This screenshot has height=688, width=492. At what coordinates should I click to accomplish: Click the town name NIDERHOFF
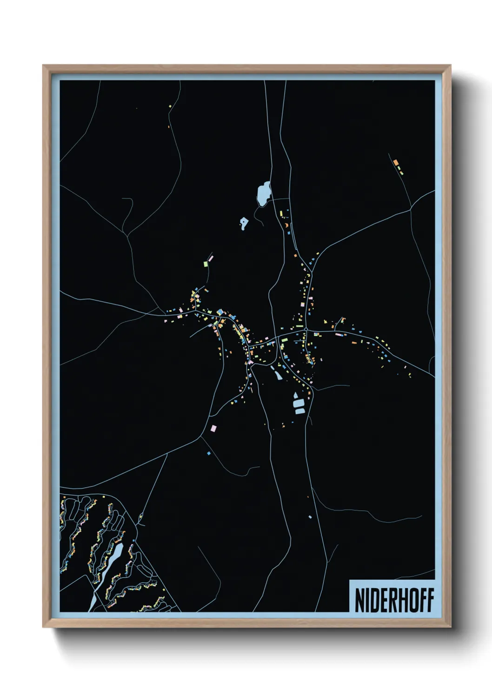pyautogui.click(x=394, y=600)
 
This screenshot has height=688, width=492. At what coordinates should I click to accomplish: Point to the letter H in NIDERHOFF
pyautogui.click(x=401, y=600)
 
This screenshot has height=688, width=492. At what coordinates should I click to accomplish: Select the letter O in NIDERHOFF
pyautogui.click(x=411, y=600)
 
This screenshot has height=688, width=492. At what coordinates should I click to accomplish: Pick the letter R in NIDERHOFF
pyautogui.click(x=392, y=600)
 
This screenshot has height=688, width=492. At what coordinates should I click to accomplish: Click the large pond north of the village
pyautogui.click(x=264, y=193)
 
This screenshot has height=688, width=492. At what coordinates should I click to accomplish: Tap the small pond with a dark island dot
pyautogui.click(x=244, y=224)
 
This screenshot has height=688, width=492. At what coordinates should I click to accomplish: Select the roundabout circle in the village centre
pyautogui.click(x=307, y=330)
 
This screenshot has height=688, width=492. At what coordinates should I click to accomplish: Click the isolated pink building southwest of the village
pyautogui.click(x=214, y=428)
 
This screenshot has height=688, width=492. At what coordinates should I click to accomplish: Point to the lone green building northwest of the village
pyautogui.click(x=205, y=264)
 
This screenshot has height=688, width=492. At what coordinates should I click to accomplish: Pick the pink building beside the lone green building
pyautogui.click(x=210, y=257)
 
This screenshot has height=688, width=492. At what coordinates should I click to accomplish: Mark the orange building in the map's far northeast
pyautogui.click(x=396, y=163)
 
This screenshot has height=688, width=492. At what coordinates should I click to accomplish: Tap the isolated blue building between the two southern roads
pyautogui.click(x=310, y=516)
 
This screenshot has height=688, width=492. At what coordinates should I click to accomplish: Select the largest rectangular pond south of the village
pyautogui.click(x=299, y=404)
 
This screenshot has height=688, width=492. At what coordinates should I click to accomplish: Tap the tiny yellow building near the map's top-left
pyautogui.click(x=170, y=106)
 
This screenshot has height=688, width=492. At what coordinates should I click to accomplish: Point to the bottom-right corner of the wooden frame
pyautogui.click(x=450, y=627)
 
